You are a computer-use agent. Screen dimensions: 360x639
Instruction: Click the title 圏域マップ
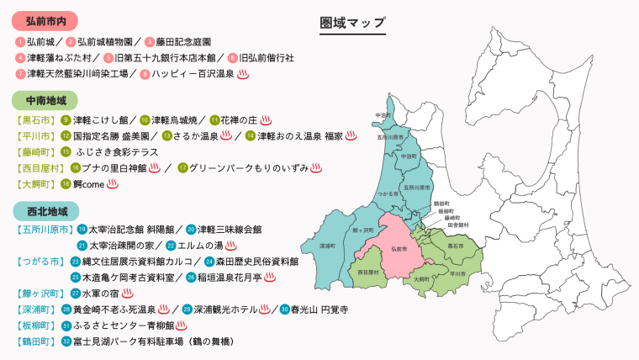pos(353,23)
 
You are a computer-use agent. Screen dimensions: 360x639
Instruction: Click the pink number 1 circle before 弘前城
pos(20,41)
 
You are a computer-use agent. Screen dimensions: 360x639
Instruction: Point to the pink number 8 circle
pos(145,74)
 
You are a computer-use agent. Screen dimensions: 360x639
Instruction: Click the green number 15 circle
pos(66,152)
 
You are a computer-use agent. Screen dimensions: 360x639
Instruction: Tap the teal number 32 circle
pos(66,341)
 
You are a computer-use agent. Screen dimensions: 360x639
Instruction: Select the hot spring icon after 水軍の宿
pos(128,294)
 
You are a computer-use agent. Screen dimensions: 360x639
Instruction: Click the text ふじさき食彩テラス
pos(117,152)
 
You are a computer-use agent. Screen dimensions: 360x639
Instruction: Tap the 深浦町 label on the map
pos(328,246)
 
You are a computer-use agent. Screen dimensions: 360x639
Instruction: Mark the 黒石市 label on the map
pos(455,245)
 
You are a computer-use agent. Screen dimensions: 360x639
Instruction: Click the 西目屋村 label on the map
pos(369,273)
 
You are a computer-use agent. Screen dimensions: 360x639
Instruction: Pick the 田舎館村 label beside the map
pos(435,225)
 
